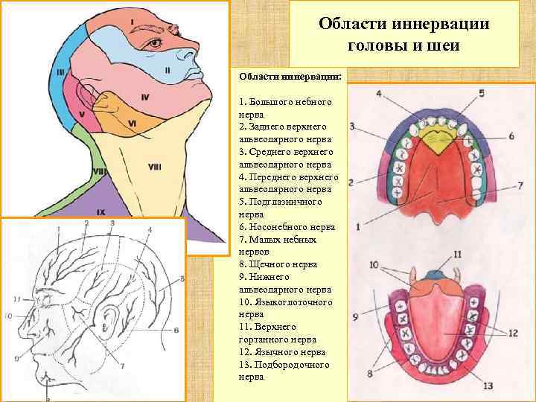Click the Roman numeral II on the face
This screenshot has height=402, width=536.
coord(167,70)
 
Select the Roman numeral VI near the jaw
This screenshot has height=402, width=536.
coord(131,123)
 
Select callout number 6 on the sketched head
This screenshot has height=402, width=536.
coord(176,330)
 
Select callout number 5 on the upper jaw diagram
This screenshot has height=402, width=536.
coord(481,93)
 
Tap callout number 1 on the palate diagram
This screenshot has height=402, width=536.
coord(357,226)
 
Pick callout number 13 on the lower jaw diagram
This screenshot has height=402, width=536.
coord(488,385)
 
